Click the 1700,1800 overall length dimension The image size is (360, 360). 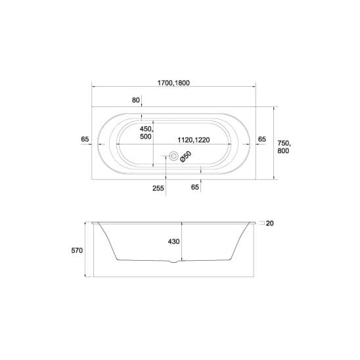[173, 83]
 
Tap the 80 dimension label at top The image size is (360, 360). [136, 100]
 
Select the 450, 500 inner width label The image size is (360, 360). [146, 133]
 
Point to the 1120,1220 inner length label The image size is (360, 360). [194, 140]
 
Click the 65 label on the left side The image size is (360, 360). [85, 139]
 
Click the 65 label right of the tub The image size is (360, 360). [262, 139]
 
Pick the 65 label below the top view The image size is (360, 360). [194, 187]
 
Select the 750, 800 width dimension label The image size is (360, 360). [284, 147]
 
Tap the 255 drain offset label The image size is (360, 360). [158, 189]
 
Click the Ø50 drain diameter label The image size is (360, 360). [186, 157]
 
